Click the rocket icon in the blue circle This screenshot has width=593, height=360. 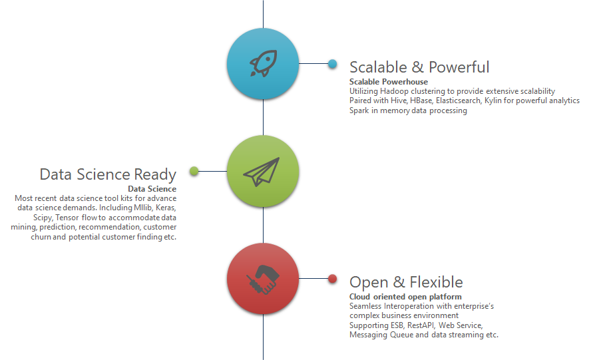coord(263,63)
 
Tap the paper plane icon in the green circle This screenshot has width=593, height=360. coord(262,172)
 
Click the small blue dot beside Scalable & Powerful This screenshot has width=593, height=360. coord(332,64)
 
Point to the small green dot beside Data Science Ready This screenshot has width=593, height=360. coord(194,171)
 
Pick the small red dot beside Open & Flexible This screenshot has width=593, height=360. coord(332,279)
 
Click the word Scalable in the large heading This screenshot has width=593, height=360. coord(378,67)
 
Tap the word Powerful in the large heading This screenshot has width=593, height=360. coord(459,67)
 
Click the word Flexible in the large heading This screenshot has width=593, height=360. coord(436,283)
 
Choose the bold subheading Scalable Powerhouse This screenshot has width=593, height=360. coord(389,82)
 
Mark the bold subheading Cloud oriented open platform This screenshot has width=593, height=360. coord(405,297)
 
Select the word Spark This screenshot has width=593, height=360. coord(359,111)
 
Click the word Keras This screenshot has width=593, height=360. coord(166,208)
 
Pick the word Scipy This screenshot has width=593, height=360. coord(43,218)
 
